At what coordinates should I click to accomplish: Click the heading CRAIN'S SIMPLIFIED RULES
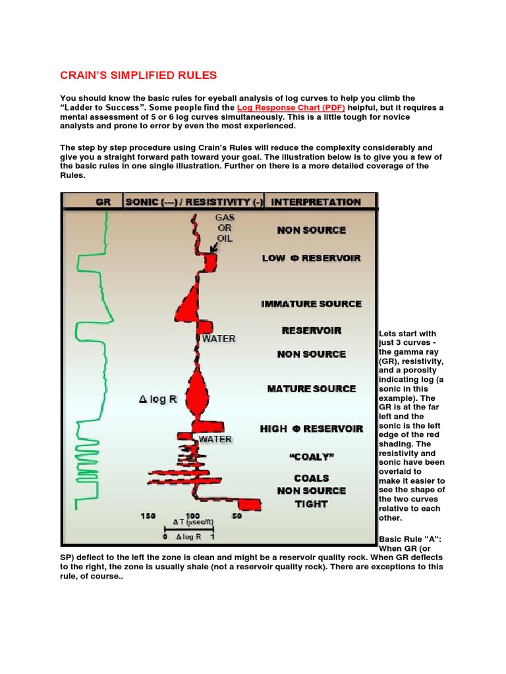[138, 75]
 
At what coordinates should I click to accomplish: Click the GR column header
[103, 202]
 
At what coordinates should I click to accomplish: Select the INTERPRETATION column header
[316, 202]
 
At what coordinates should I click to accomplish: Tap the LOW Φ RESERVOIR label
[311, 258]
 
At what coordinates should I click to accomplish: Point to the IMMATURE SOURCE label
[311, 303]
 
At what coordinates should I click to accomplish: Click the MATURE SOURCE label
[311, 388]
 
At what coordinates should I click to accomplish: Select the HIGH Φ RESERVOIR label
[311, 428]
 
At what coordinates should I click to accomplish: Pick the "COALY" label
[311, 456]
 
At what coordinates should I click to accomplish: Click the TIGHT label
[311, 504]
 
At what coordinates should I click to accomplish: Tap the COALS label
[311, 478]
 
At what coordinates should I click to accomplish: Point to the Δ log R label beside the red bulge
[158, 399]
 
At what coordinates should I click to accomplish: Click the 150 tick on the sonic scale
[148, 516]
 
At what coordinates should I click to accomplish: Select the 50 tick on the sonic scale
[237, 516]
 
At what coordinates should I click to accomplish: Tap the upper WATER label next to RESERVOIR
[218, 339]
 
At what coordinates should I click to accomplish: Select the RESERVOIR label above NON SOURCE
[311, 330]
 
